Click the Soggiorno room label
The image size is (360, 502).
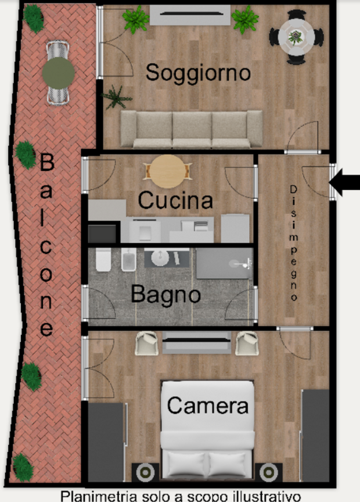pos(198,73)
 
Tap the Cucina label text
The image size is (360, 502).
pos(175,200)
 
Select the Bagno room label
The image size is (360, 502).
pos(165,294)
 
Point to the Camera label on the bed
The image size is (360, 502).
pos(208,406)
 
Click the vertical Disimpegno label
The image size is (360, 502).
pos(293,243)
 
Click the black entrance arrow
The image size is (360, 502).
pos(344,182)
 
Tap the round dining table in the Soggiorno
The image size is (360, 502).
pos(296,37)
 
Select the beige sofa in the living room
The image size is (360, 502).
pos(192,129)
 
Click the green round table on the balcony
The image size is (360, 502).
pos(59,73)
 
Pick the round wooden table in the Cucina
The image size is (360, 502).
pos(168,171)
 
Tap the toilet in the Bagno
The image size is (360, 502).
pos(103,259)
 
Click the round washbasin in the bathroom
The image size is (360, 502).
pos(160,258)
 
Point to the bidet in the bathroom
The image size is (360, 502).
pos(129,259)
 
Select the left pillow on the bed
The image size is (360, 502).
pos(186,464)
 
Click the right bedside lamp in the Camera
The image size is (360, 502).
pos(268,472)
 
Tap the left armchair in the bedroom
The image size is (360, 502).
pos(146,343)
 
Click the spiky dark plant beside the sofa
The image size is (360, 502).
pos(116,97)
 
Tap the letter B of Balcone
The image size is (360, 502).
pos(46,162)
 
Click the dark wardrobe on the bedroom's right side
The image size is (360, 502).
pos(316,435)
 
